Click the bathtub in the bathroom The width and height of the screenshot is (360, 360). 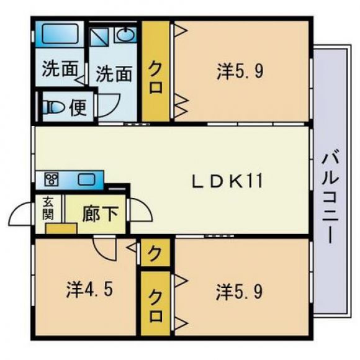[x=60, y=34]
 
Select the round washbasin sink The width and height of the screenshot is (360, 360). [x=125, y=35]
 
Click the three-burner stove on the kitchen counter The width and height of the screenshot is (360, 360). [x=52, y=179]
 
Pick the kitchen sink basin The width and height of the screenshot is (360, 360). [x=86, y=179]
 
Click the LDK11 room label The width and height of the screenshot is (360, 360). [x=227, y=181]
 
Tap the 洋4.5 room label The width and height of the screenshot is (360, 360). [x=89, y=290]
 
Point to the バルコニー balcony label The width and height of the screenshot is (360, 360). [x=330, y=198]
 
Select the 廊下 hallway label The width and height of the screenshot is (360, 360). [x=101, y=214]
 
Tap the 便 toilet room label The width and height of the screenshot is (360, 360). [x=78, y=107]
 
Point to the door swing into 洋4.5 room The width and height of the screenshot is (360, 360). [x=104, y=249]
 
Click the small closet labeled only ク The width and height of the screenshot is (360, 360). [x=155, y=253]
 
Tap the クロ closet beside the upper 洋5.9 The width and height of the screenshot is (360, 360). [x=156, y=71]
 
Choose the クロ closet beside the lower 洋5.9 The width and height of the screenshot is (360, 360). [x=155, y=304]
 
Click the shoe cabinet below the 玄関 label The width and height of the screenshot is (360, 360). [x=61, y=228]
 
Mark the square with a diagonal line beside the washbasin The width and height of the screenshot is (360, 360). [x=99, y=37]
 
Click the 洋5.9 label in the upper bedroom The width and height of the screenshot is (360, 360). [x=240, y=71]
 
